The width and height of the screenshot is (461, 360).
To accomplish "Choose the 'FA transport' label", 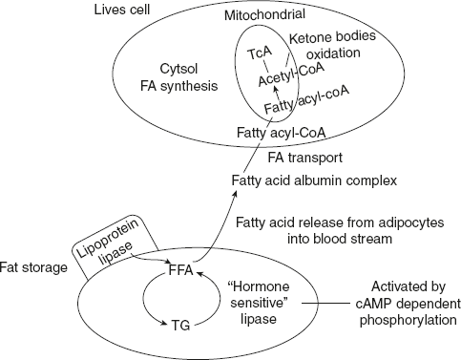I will coord(284,157).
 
